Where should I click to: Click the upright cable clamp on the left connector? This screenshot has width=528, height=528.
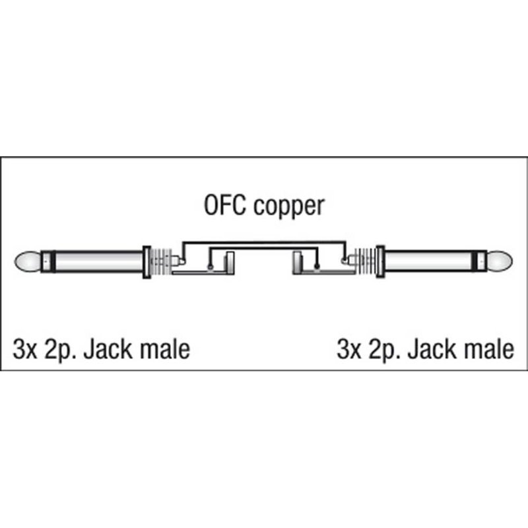click(x=230, y=263)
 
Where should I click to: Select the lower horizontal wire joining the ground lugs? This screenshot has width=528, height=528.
click(x=264, y=249)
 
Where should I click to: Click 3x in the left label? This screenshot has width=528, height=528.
click(x=24, y=348)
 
